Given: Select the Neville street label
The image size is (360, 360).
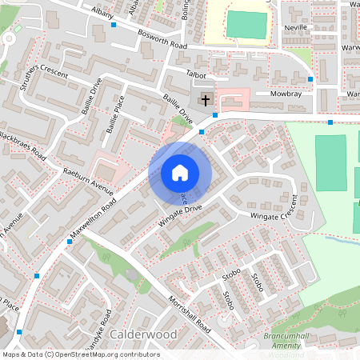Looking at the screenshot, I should [x=296, y=27].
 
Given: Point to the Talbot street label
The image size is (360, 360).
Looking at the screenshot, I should [x=196, y=73].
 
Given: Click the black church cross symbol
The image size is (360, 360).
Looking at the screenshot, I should [x=206, y=100].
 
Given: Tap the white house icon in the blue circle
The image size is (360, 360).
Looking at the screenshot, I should [x=180, y=172].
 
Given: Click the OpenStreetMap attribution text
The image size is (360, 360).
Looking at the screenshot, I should [x=80, y=354].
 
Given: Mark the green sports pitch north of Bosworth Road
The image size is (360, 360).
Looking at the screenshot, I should [x=246, y=25].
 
